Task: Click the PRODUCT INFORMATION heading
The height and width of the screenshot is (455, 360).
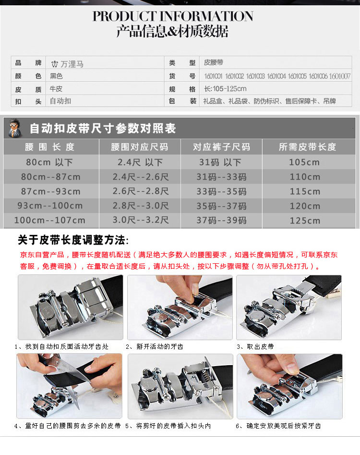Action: pyautogui.click(x=173, y=16)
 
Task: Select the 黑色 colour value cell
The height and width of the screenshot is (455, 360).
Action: pyautogui.click(x=57, y=76)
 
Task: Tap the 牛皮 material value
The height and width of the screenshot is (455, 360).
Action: pyautogui.click(x=56, y=89)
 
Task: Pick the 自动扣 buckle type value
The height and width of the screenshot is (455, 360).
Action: pyautogui.click(x=60, y=101)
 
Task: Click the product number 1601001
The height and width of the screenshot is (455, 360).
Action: pyautogui.click(x=213, y=76)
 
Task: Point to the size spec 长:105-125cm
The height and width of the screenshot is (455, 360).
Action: pyautogui.click(x=225, y=89)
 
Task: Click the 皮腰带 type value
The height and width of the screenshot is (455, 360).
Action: pyautogui.click(x=214, y=63)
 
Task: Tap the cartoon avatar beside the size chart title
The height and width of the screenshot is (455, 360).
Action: pyautogui.click(x=15, y=128)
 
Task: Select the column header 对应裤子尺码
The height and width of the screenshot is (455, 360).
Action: pyautogui.click(x=221, y=147)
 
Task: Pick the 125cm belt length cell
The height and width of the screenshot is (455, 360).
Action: pyautogui.click(x=305, y=221)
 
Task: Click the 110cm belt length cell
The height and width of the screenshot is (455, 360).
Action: pyautogui.click(x=305, y=177)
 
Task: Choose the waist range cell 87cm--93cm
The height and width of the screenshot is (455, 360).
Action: pyautogui.click(x=50, y=191)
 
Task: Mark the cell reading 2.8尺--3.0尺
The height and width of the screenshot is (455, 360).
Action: pyautogui.click(x=141, y=206)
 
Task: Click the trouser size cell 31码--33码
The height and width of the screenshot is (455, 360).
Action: pyautogui.click(x=221, y=177)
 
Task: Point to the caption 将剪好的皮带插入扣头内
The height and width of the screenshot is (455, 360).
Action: pyautogui.click(x=171, y=426)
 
